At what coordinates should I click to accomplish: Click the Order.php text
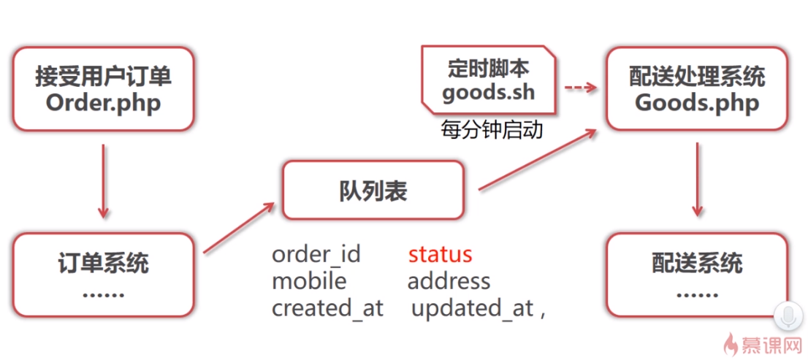pos(103,103)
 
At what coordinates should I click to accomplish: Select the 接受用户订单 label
pos(103,77)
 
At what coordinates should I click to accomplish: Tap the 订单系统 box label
pos(103,264)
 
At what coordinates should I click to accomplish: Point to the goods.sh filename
pos(488,93)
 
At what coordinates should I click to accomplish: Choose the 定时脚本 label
pos(489,69)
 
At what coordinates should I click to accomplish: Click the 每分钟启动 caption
pos(492,130)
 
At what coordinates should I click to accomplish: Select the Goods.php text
pos(697,103)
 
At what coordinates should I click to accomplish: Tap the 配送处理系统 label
pos(697,77)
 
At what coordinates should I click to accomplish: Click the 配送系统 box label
pos(697,263)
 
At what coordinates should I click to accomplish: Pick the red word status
pos(440,254)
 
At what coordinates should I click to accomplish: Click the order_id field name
pos(316,255)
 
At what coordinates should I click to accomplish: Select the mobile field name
pos(309,281)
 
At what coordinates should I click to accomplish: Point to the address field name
pos(449,281)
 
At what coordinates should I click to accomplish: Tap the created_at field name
pos(327,308)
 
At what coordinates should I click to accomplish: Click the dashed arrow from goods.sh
pos(581,88)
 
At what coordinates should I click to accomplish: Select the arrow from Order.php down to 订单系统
pos(103,181)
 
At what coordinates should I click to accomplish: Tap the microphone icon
pos(786,317)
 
